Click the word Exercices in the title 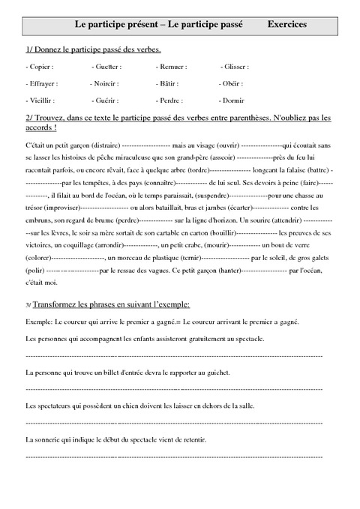287,25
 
